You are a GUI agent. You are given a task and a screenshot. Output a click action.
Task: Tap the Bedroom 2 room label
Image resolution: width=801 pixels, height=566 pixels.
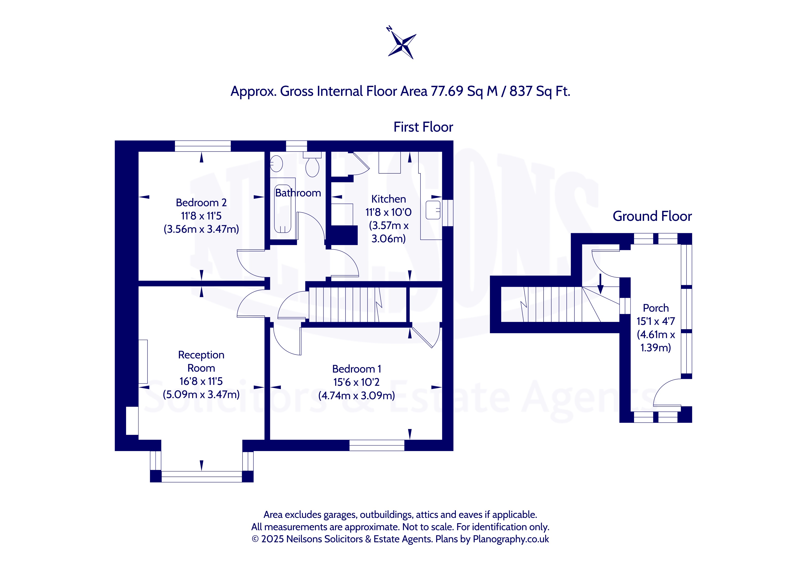click(201, 203)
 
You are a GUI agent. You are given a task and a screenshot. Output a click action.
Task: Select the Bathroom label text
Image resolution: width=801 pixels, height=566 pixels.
click(298, 193)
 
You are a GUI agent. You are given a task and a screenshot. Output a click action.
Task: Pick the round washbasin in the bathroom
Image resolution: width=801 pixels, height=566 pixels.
click(276, 163)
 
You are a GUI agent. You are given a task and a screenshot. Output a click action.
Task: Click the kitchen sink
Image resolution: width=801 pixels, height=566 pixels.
click(433, 210)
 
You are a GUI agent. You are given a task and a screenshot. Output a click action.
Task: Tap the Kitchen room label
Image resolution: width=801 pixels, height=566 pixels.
click(389, 199)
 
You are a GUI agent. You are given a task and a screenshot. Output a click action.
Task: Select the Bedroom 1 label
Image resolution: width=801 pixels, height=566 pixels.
click(357, 369)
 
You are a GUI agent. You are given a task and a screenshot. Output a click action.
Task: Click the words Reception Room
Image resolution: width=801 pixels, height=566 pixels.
click(201, 361)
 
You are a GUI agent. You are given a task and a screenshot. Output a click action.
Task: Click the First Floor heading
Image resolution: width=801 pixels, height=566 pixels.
click(423, 127)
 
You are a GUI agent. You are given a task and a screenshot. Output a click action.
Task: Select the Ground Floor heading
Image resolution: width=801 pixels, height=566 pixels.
click(652, 216)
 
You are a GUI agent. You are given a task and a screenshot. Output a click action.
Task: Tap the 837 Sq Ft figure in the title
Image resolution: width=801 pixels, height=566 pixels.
click(540, 91)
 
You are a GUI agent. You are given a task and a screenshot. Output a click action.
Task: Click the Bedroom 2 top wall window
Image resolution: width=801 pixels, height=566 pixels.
click(203, 146)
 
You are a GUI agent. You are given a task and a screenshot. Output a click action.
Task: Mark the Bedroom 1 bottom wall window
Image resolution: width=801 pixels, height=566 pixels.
click(377, 445)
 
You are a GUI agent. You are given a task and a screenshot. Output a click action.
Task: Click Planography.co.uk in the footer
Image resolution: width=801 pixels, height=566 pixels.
click(511, 539)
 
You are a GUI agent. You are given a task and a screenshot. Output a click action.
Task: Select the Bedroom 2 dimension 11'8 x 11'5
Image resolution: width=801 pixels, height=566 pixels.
click(201, 216)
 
